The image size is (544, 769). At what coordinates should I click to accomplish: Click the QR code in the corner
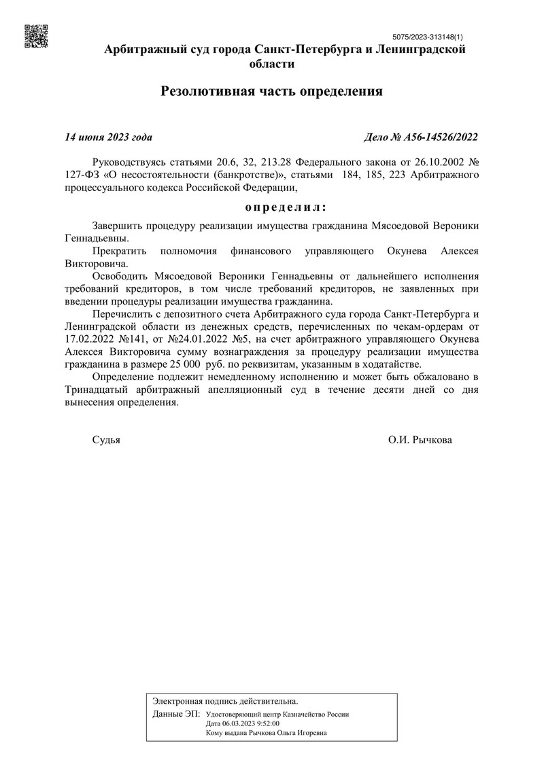click(37, 37)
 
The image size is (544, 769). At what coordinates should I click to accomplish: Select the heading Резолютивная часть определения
click(272, 91)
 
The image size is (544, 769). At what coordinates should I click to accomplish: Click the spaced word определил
click(285, 206)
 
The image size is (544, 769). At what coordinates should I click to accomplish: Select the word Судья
click(106, 440)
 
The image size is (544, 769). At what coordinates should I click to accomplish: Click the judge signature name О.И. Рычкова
click(420, 440)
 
